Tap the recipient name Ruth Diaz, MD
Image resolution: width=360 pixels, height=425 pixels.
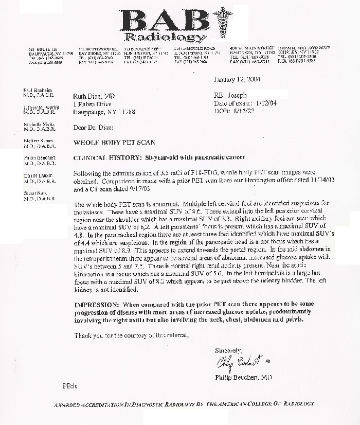[x=95, y=96]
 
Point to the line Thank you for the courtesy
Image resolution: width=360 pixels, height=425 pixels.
[x=132, y=335]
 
